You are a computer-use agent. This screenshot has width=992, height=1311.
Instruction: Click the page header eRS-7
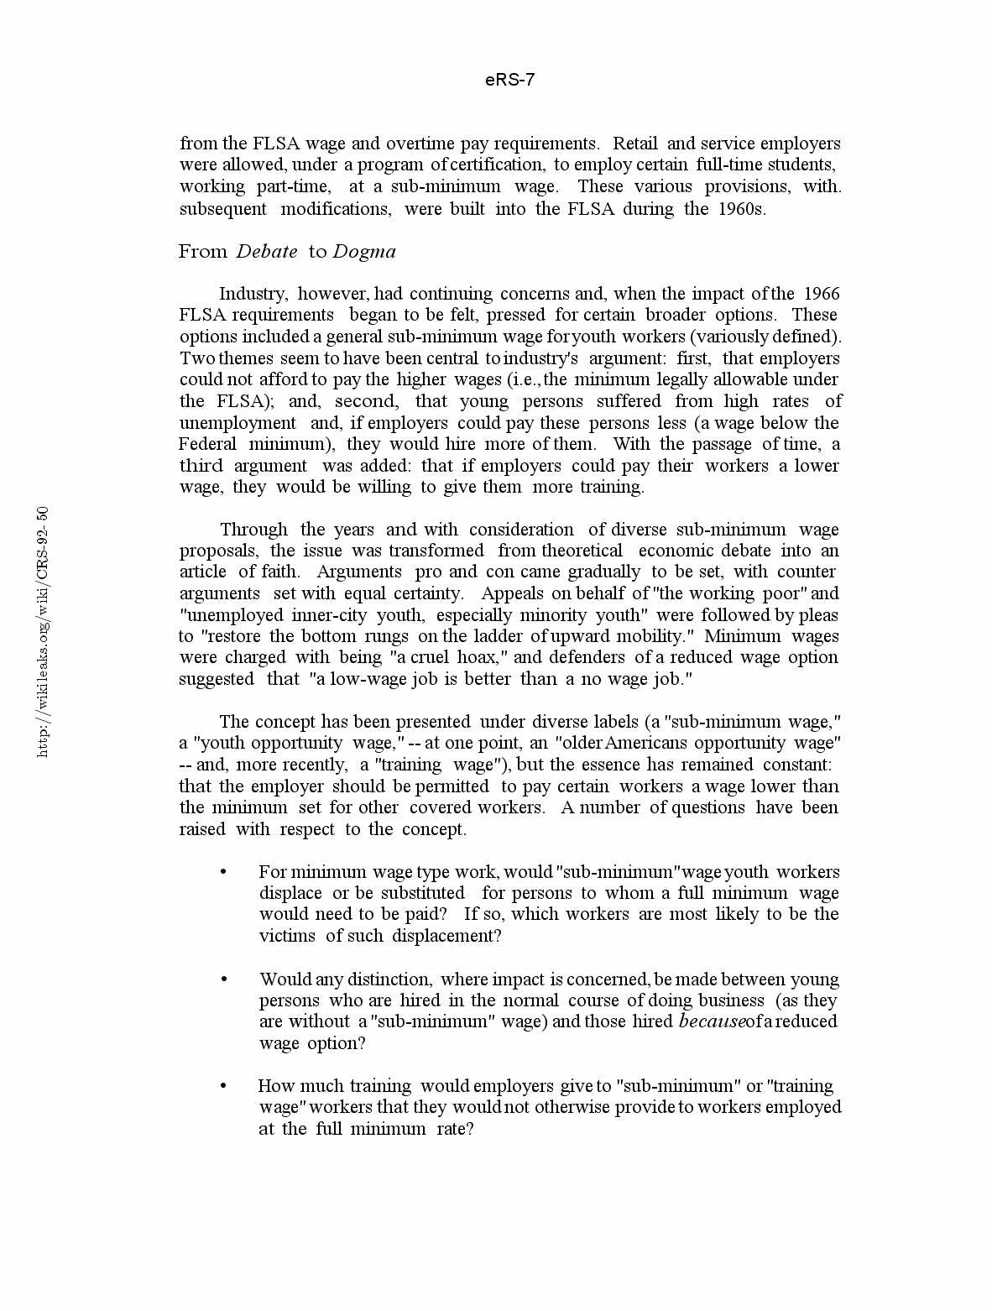(509, 80)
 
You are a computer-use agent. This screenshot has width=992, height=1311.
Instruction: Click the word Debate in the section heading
(267, 251)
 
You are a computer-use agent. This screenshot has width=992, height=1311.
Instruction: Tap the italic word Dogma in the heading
(364, 251)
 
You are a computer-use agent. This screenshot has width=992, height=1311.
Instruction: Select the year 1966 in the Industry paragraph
(822, 293)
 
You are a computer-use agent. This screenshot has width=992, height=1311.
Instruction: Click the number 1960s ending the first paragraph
(741, 208)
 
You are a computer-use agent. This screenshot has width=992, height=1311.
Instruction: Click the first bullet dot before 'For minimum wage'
(223, 872)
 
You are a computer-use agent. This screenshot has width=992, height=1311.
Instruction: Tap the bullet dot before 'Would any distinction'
(223, 979)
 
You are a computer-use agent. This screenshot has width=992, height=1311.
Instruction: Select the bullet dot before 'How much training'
(223, 1086)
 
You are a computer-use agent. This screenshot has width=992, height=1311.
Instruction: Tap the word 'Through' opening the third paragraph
(253, 530)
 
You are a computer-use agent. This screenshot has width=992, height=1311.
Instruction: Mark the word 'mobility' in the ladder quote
(647, 636)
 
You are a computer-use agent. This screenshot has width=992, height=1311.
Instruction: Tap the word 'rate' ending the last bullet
(453, 1129)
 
